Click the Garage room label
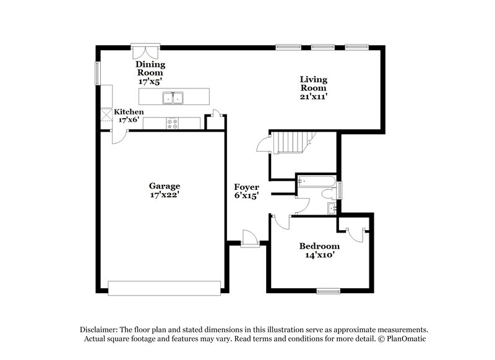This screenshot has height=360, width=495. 164,186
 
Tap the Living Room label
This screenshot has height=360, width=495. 314,84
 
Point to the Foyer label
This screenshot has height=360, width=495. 246,187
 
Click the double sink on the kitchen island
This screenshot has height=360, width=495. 173,97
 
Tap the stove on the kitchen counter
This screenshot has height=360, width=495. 173,123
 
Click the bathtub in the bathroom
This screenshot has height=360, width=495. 316,181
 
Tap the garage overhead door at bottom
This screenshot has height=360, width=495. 164,286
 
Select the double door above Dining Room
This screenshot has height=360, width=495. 145,50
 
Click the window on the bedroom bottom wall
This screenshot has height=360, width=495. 329,290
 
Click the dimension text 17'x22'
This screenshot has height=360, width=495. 165,194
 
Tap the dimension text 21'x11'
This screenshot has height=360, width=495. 314,96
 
